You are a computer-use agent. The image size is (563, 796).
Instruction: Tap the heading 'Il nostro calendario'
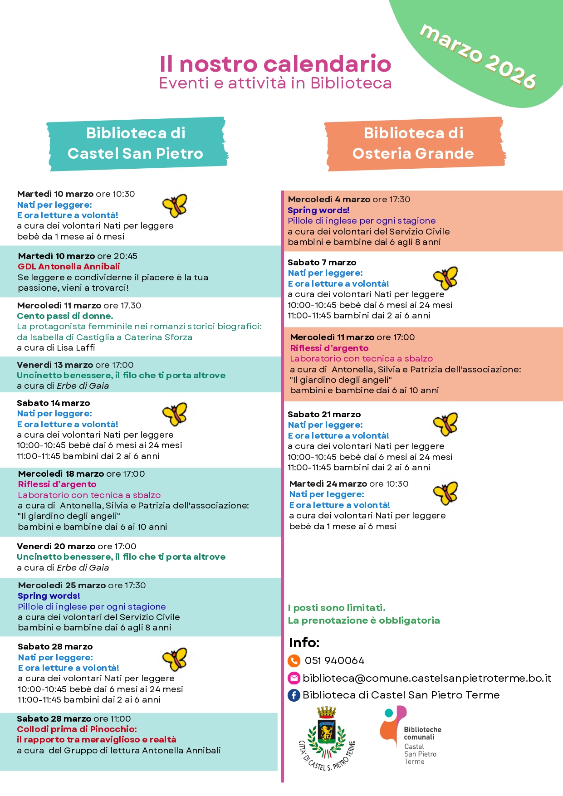coord(275,64)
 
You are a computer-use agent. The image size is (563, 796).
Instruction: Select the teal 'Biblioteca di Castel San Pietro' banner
coord(136,143)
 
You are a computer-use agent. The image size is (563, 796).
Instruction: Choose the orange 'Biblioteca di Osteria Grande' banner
coord(413,143)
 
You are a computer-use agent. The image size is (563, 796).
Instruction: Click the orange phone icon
coord(294,660)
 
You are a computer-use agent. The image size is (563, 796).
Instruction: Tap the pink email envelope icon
coord(294,678)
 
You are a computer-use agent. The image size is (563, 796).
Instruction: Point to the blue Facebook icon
coord(294,695)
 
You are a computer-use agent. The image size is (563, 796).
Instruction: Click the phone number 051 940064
coord(335,661)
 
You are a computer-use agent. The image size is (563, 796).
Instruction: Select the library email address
coord(427,678)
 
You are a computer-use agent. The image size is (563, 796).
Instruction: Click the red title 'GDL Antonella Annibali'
coord(69,267)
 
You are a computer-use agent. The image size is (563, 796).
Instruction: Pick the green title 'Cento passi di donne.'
coord(65,316)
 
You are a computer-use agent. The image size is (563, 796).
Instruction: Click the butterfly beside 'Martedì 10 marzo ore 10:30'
coord(175,205)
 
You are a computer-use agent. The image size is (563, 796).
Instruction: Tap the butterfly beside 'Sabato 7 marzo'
coord(446,278)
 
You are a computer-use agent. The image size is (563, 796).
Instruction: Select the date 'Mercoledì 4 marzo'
coord(329,200)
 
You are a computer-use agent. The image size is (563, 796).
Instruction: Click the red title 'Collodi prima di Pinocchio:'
coord(77,729)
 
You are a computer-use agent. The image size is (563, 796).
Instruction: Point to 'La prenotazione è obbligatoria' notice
coord(364,620)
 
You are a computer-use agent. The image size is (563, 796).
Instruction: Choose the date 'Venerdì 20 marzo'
coord(56,547)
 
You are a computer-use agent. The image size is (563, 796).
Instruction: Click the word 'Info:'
coord(304,643)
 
